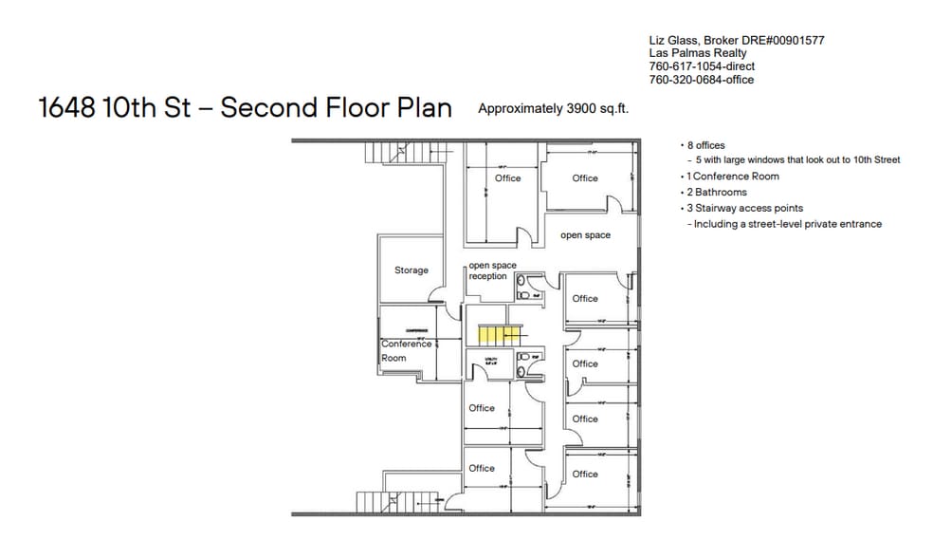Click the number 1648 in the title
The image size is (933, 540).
pos(66,107)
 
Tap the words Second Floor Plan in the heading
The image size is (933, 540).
pos(336,107)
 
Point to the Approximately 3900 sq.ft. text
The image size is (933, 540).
pos(553,108)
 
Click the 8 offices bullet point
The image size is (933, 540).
pos(704,145)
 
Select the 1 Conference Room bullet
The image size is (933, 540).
pos(732,177)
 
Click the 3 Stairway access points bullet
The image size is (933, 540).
pos(743,208)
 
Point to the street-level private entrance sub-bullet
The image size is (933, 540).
pos(786,224)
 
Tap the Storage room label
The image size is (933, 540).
pos(411,270)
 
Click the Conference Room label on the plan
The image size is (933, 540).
pos(406,351)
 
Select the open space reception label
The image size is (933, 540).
pos(492,271)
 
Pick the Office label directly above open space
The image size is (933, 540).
pos(585,178)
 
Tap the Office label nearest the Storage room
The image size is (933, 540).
pos(507,178)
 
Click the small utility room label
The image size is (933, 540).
pos(490,360)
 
